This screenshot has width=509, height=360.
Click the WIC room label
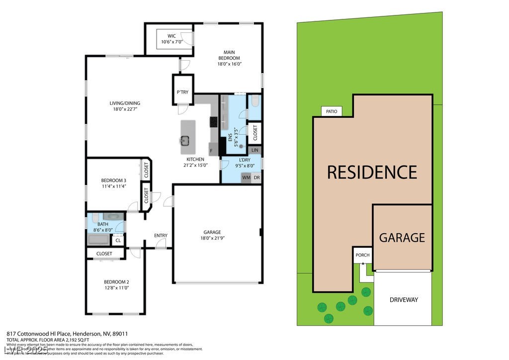pos(171,36)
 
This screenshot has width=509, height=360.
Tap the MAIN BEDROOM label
pos(229,52)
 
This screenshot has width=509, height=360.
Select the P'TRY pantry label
pos(182,92)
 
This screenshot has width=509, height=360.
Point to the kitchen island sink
pos(187,140)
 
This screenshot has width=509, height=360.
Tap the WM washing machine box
pos(246,178)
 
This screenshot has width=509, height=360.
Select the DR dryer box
pos(256,178)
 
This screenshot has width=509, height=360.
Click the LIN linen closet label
pos(255,150)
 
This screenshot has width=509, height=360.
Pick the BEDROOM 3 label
pos(114,180)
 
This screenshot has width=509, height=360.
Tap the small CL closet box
pos(118,241)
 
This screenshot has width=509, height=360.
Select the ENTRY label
pos(161,236)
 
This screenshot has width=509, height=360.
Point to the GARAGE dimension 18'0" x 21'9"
pos(212,238)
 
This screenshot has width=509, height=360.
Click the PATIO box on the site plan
pos(332,111)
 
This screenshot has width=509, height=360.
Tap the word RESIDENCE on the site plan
pos(372,172)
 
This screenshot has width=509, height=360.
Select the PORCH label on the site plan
pos(362,255)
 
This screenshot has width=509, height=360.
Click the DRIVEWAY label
pos(404,300)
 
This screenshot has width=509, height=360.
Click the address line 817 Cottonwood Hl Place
pos(67,334)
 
